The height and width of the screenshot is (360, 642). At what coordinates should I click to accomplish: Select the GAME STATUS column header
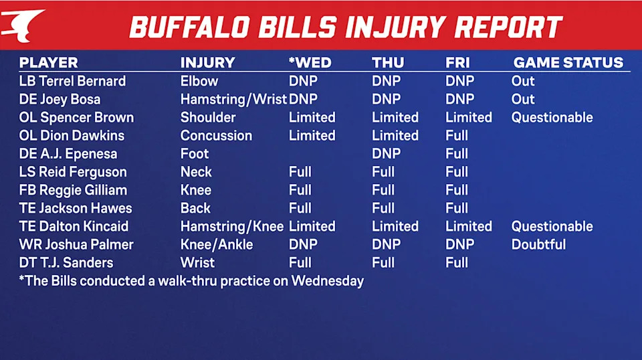[568, 63]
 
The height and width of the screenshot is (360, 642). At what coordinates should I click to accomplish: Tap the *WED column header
[310, 63]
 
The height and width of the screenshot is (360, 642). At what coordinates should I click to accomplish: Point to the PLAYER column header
[48, 63]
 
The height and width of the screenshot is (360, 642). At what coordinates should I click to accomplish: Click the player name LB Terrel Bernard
[72, 81]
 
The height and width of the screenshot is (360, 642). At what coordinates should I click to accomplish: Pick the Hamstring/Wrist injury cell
[233, 99]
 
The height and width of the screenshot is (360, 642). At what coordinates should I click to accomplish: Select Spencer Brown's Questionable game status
[552, 118]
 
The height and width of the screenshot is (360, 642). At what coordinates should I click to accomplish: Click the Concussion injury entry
[216, 136]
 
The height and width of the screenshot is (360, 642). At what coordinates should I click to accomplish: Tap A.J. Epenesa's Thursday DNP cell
[386, 154]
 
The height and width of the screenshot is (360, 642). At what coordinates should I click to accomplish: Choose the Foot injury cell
[195, 154]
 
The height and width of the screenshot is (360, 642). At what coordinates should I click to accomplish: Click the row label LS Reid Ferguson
[73, 172]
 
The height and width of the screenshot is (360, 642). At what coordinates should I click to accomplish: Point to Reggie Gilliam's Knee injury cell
[196, 190]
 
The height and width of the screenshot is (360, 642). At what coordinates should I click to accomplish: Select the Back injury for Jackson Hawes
[195, 208]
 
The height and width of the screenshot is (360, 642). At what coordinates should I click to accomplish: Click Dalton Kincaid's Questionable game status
[552, 226]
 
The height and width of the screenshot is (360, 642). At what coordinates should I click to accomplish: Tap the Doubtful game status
[538, 244]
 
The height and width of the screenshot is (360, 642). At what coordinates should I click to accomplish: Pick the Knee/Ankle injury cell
[217, 244]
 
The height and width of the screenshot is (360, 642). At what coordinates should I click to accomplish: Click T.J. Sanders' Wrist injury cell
[197, 262]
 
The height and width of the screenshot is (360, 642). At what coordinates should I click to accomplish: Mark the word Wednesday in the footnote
[327, 281]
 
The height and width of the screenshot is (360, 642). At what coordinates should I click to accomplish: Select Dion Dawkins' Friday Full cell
[457, 136]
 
